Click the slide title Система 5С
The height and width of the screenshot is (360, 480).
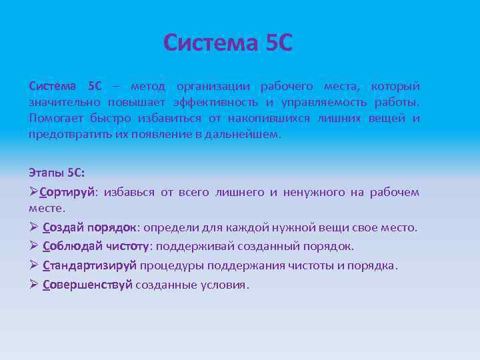coord(228,43)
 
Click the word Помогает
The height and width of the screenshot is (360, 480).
coord(55,119)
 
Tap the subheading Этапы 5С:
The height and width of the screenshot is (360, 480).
coord(57,173)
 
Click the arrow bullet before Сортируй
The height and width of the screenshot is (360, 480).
coord(34,193)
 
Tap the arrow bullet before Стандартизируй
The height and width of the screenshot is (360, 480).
coord(34,265)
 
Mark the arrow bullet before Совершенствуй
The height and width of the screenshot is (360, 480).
coord(34,285)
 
